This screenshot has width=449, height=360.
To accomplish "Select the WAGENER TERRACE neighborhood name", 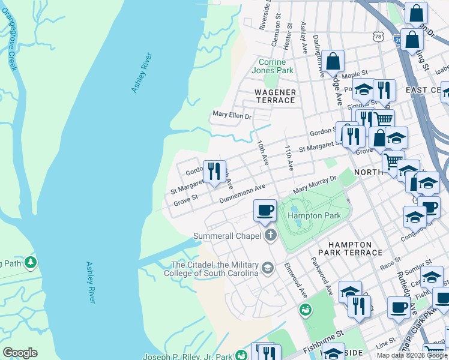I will (x=275, y=96).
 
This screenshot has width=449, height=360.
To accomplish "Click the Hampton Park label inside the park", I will (x=314, y=215).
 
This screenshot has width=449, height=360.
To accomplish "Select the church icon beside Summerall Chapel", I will (x=270, y=235).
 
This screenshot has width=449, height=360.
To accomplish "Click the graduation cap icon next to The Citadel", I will (x=267, y=268).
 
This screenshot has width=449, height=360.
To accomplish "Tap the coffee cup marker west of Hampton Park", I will (x=265, y=211).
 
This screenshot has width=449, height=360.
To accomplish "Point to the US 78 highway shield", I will (x=378, y=37).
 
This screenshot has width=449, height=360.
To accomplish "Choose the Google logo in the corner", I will (x=20, y=353).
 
